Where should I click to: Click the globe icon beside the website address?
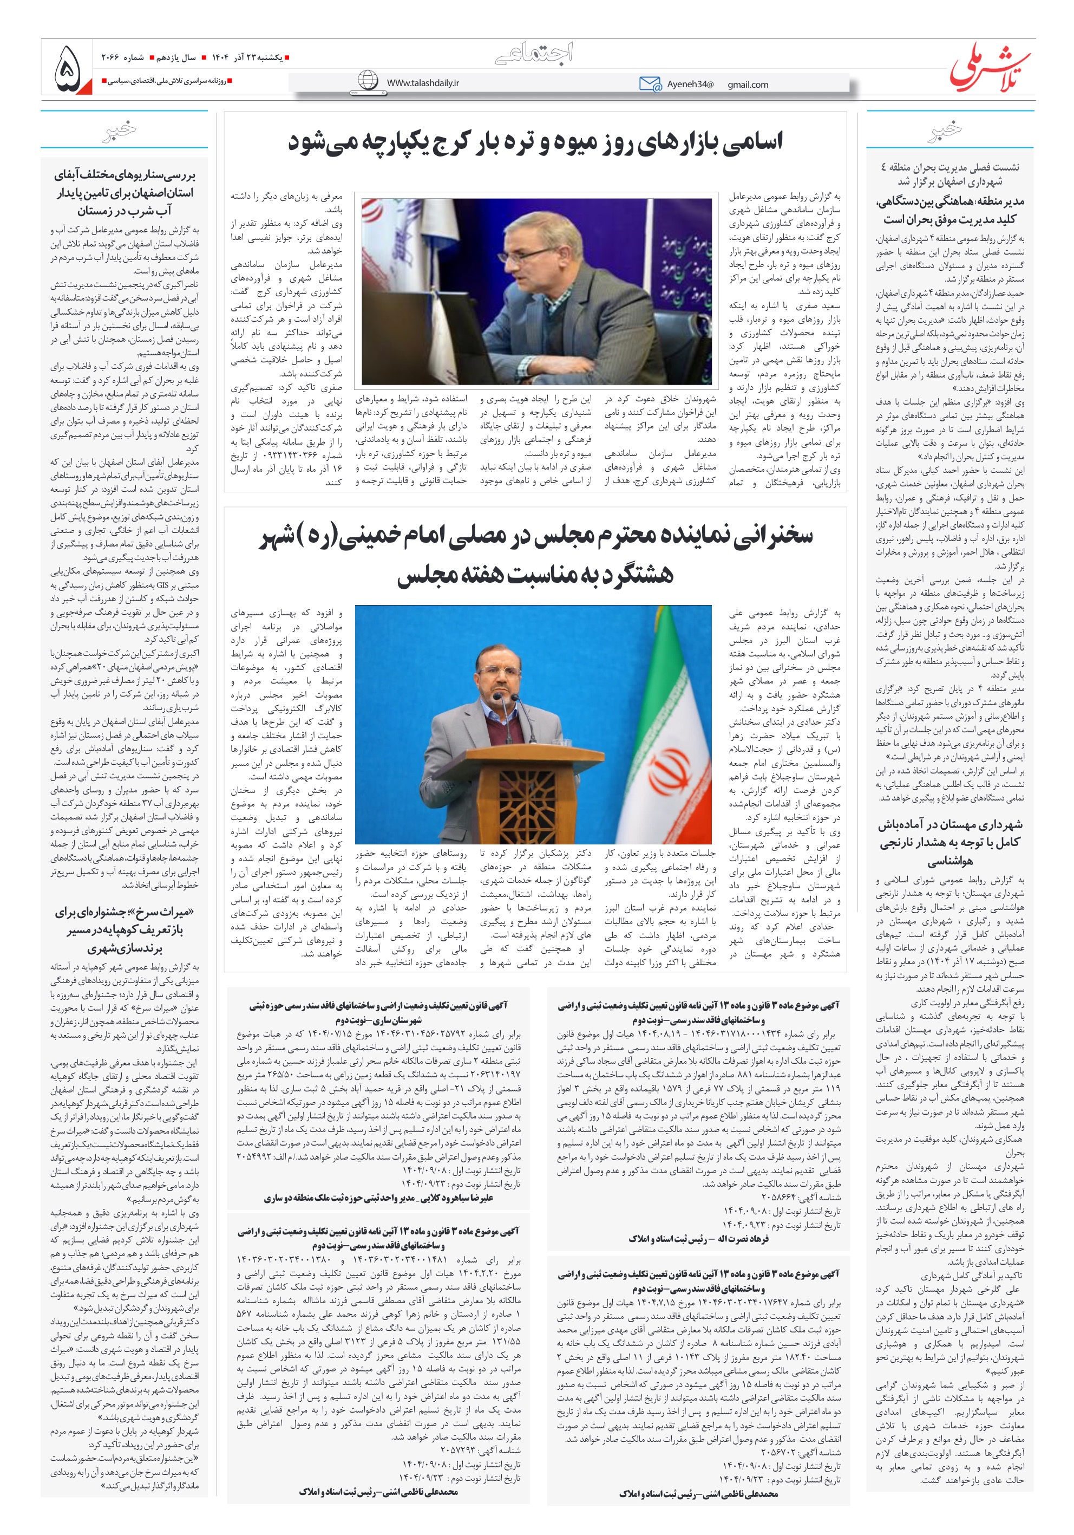[x=368, y=80]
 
